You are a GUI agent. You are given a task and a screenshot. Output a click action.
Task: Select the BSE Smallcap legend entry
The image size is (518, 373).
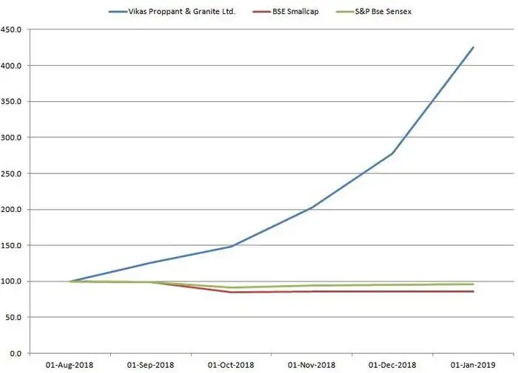[285, 12]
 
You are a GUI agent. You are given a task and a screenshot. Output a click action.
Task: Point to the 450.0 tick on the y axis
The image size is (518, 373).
[13, 30]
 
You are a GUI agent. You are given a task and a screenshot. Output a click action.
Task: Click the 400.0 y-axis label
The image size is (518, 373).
[13, 66]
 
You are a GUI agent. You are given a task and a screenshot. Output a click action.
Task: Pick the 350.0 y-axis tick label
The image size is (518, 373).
[13, 102]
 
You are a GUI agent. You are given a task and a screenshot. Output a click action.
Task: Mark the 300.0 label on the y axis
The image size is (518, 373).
[13, 137]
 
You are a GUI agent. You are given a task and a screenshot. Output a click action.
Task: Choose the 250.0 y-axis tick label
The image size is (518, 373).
[13, 174]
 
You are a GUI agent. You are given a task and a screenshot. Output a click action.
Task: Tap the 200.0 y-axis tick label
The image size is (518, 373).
[13, 210]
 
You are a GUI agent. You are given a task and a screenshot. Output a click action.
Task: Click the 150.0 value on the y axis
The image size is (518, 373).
[13, 245]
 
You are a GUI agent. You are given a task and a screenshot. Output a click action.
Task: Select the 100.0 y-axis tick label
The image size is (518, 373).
[13, 281]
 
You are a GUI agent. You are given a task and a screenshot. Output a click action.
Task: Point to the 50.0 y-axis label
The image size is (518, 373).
[16, 318]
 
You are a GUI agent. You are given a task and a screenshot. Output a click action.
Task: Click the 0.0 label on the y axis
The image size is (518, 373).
[18, 353]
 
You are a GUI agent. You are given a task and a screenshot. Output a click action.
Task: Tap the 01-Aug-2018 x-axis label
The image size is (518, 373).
[70, 365]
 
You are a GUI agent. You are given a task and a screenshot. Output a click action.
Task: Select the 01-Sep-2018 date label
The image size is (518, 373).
[150, 365]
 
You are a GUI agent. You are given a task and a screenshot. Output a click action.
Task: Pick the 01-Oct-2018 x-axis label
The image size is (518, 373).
[231, 365]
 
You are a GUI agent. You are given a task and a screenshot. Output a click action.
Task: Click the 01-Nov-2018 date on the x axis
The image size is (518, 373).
[312, 365]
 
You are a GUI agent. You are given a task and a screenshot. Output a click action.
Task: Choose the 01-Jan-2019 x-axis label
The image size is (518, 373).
[473, 365]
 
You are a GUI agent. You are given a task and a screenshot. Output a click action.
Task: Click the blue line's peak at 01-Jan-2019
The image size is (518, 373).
[473, 48]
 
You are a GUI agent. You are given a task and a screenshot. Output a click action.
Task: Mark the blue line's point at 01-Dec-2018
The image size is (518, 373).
[392, 154]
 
